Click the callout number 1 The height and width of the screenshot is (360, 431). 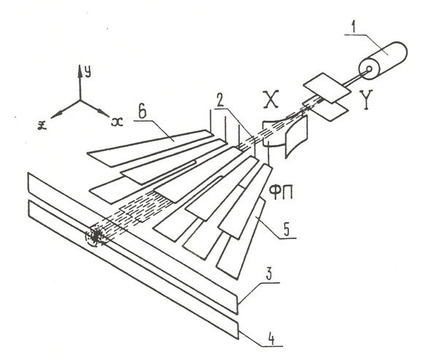[355, 28]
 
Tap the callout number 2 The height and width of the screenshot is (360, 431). [221, 101]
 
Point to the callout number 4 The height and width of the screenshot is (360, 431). [271, 339]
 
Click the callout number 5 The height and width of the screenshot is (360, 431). [286, 230]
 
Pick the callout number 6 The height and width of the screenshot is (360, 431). [143, 112]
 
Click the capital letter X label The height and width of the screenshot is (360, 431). [271, 99]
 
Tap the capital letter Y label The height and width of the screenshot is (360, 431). [368, 101]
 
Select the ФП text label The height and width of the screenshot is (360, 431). [280, 192]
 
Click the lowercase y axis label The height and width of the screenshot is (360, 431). [88, 72]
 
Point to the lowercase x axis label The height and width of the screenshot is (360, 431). [117, 122]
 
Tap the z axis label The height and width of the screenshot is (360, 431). [42, 125]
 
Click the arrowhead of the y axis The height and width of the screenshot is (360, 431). [79, 70]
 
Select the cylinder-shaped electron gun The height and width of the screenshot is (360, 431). [383, 60]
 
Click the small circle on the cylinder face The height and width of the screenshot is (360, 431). [369, 69]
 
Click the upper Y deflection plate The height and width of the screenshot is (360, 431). [326, 87]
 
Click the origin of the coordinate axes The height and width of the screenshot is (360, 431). [80, 100]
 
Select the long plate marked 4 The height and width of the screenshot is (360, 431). [133, 270]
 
